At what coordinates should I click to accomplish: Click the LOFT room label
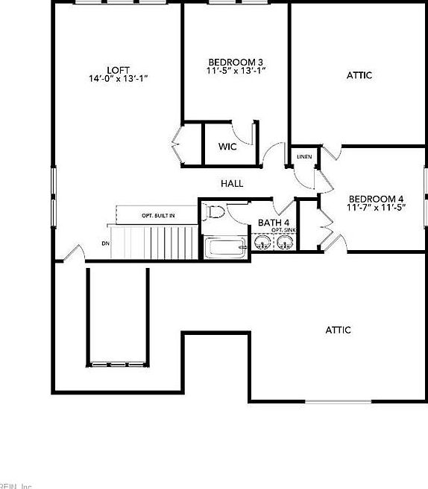coord(118,70)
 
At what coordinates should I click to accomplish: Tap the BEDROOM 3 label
coord(236,61)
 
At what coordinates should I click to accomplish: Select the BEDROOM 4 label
coord(376,199)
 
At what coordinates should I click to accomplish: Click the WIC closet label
coord(227,147)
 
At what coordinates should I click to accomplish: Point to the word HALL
coord(232,183)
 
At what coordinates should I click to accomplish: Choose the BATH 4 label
coord(274,223)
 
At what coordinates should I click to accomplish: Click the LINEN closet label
coord(304,157)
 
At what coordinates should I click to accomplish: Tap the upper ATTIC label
coord(359,75)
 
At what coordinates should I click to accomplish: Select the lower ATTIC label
coord(338,330)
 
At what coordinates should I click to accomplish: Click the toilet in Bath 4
coord(215,212)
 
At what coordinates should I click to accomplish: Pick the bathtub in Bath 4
coord(226,248)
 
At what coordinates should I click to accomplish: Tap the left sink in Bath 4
coord(262,243)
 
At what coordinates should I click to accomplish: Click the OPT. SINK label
coord(283,231)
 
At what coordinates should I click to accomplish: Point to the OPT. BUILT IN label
coord(158,216)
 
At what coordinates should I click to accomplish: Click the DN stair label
coord(105,243)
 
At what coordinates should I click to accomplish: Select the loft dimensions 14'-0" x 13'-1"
coord(118,79)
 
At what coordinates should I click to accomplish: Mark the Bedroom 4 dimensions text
coord(376,208)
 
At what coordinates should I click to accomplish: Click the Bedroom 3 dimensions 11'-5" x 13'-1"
coord(236,71)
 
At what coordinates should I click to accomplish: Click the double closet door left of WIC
coord(178,143)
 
